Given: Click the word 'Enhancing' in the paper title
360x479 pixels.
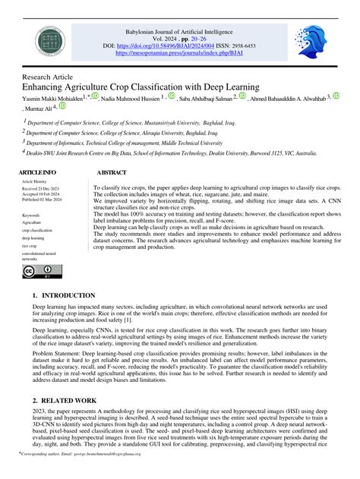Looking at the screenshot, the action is click(x=49, y=87).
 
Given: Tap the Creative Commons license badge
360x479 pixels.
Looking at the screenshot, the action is click(x=43, y=270).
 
